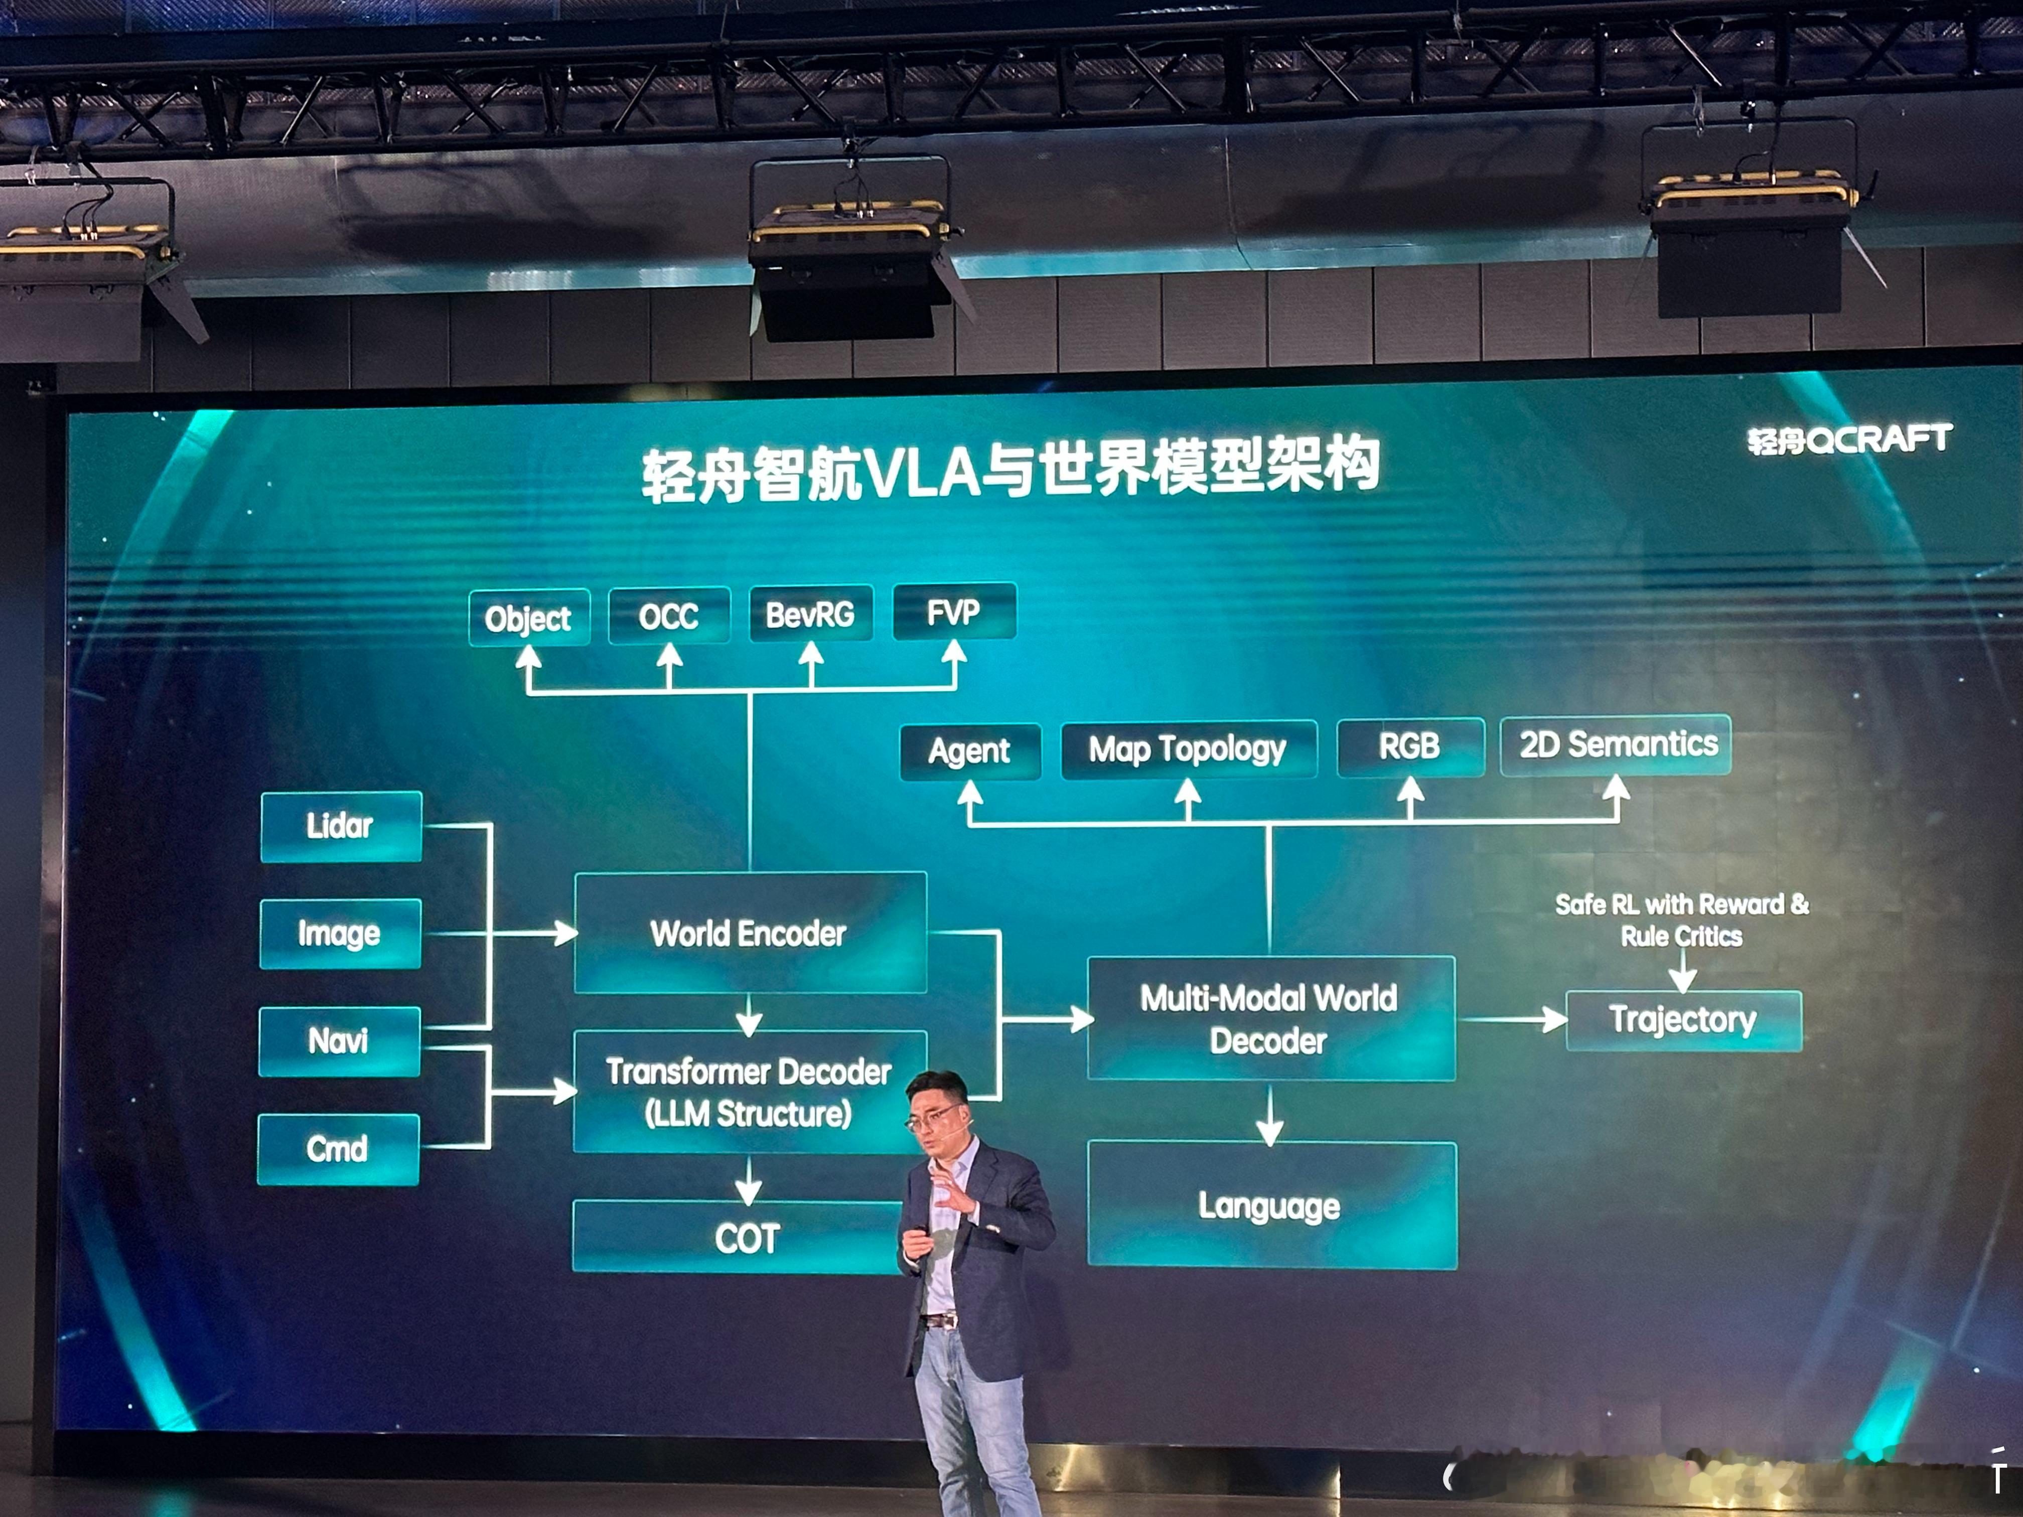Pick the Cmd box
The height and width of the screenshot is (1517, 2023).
click(x=338, y=1148)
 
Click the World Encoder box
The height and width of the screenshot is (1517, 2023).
click(x=749, y=933)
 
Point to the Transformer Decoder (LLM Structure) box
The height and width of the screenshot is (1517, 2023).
click(x=749, y=1092)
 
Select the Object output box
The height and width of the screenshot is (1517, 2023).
click(x=529, y=618)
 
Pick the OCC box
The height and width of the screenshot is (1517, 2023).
click(x=668, y=616)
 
